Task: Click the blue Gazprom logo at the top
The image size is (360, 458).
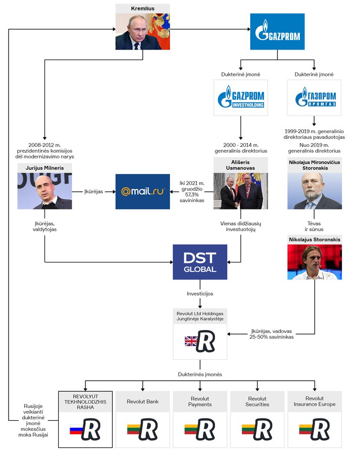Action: pos(277,31)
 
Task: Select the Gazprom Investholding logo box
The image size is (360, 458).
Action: pos(241,98)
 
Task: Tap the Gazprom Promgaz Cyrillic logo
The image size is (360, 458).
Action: pos(314,98)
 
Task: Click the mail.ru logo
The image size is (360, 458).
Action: pos(143,191)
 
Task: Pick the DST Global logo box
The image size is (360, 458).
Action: pos(200,262)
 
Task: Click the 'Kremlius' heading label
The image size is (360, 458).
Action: pos(142,9)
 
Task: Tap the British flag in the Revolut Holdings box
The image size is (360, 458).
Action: pos(191,341)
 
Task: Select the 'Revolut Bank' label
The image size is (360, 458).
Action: pos(142,402)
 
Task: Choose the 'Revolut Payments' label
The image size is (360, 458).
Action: pos(200,402)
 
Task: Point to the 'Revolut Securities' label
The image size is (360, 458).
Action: pos(257,402)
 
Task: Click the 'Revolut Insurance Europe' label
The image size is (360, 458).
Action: pos(314,402)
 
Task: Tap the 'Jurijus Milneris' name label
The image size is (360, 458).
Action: pos(44,168)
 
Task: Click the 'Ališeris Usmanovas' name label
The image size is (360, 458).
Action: pos(241,165)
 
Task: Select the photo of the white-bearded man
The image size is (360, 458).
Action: pos(314,191)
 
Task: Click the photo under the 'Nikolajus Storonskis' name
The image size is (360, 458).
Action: pos(314,262)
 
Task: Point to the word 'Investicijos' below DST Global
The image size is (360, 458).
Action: pos(200,293)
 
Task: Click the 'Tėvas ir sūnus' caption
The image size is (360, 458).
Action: pos(314,226)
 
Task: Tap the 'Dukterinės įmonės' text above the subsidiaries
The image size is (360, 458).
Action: pos(200,375)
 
